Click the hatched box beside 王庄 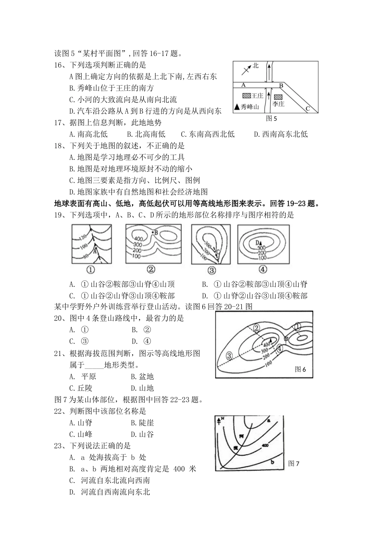coord(246,96)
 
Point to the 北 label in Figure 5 coord(256,65)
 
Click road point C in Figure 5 coord(308,108)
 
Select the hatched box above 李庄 coord(278,97)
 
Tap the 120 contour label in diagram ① coord(82,236)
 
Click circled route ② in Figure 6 coord(257,328)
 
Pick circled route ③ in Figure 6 coord(229,355)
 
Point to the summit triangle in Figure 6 coord(271,340)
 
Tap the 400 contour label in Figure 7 coord(265,445)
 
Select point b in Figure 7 coord(272,462)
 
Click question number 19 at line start coord(60,215)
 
